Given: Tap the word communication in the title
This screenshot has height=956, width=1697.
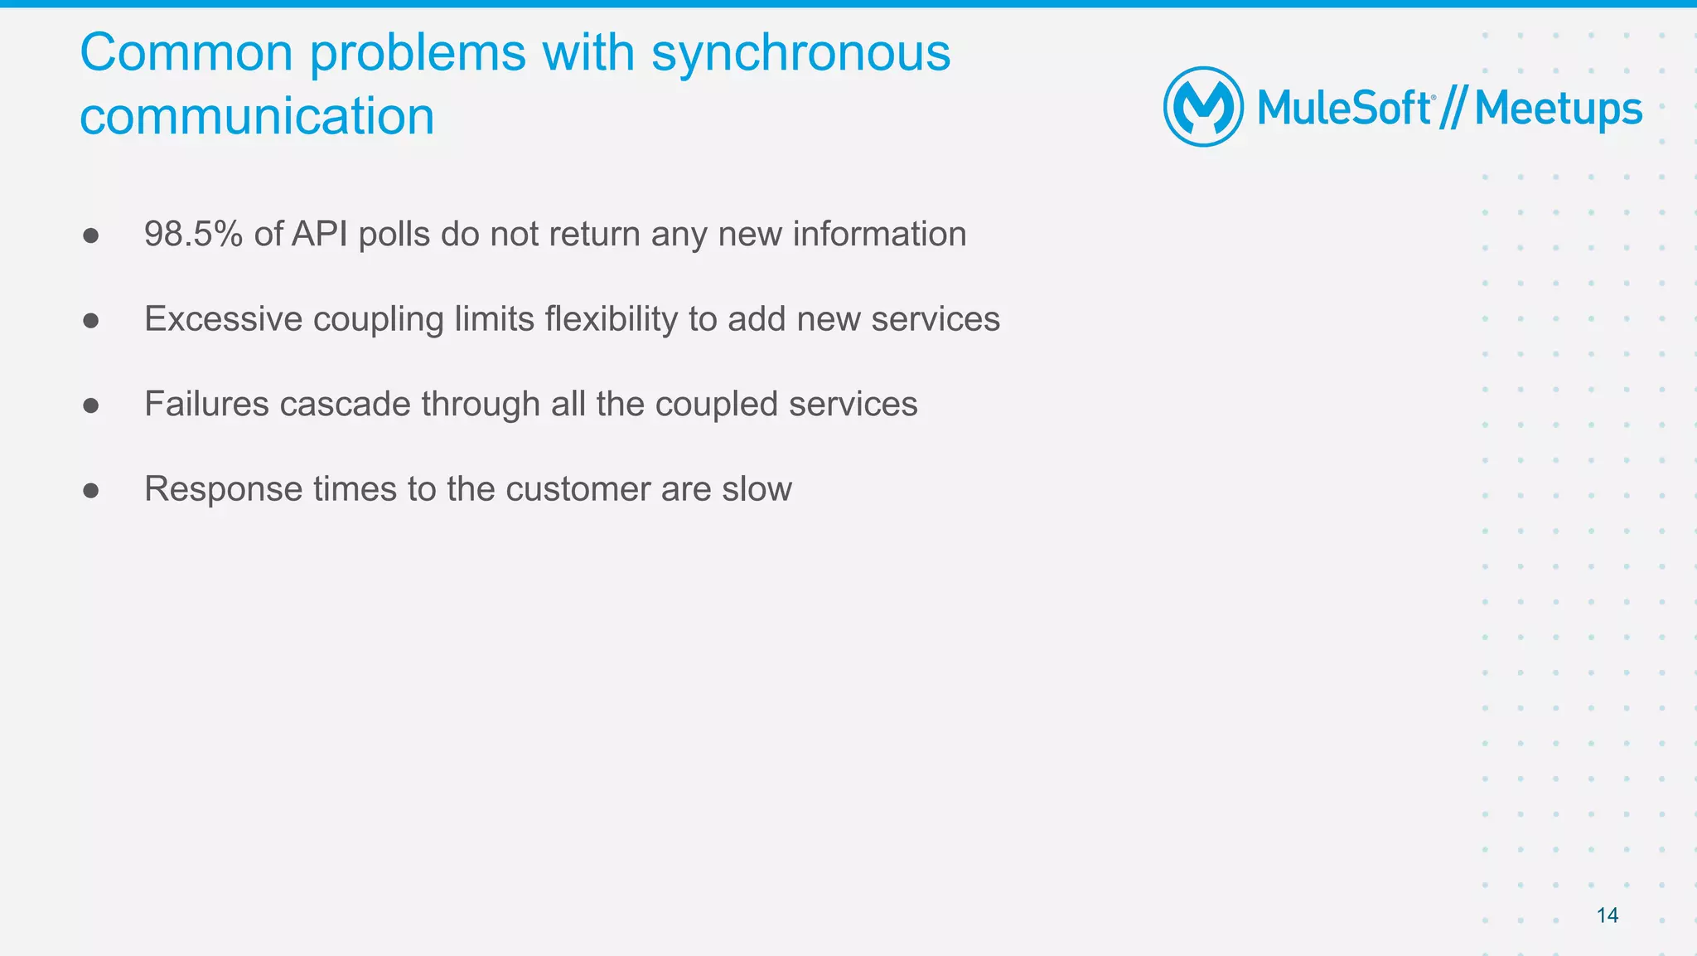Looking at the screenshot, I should coord(257,116).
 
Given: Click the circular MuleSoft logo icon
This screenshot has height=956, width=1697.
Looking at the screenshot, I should coord(1203,107).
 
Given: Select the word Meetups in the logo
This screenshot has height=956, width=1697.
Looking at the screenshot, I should coord(1558,109).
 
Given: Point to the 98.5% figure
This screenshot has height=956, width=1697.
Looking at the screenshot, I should coord(193,235).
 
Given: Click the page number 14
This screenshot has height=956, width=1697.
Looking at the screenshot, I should coord(1607,915).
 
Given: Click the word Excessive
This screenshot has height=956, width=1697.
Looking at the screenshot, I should coord(224,319).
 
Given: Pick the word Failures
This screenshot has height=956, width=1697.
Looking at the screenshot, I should coord(206,405).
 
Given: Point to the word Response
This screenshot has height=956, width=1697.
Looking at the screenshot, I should coord(223,489).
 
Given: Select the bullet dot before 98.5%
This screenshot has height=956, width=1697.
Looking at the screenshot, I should coord(91,236).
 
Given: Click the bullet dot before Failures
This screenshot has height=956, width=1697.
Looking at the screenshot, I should coord(91,405).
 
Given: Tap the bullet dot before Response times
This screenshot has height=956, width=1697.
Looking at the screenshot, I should coord(91,491).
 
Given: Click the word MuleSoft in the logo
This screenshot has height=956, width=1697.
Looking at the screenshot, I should coord(1344,109).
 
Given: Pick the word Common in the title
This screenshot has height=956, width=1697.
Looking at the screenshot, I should coord(186,53).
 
